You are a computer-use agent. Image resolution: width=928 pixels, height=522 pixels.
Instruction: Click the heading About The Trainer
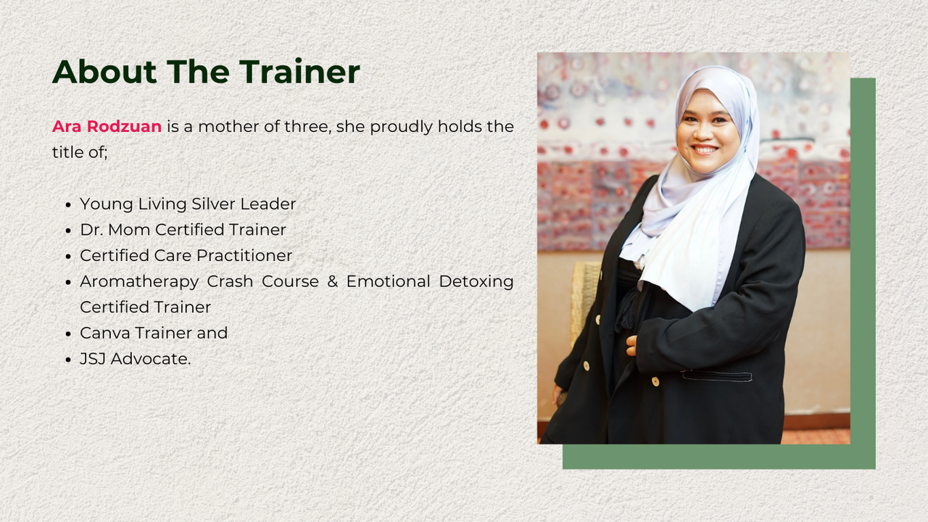tap(206, 71)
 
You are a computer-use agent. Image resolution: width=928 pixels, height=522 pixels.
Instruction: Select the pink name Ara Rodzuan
tap(107, 126)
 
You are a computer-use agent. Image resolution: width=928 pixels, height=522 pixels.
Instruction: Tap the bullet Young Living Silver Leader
tap(188, 204)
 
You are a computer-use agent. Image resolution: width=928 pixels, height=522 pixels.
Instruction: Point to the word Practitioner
tap(244, 255)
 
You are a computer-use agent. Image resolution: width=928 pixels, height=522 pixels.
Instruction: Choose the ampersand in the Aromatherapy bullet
tap(332, 281)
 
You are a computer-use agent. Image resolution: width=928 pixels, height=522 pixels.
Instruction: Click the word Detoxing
tap(476, 282)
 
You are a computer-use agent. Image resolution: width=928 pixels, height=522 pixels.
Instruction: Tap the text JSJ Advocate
tap(136, 359)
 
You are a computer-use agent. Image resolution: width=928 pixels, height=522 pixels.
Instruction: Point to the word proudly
tap(401, 127)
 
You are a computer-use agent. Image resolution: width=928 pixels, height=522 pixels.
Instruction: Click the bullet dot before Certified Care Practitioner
tap(69, 257)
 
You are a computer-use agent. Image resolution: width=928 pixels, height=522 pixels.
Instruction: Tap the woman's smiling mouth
tap(704, 149)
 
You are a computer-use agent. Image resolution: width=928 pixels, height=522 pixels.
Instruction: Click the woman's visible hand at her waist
tap(631, 346)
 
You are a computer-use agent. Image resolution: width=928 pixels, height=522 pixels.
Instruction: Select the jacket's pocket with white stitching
tap(717, 376)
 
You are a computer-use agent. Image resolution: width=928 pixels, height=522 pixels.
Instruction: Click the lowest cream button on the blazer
tap(655, 381)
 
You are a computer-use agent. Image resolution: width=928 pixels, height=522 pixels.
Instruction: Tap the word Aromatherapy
tap(139, 282)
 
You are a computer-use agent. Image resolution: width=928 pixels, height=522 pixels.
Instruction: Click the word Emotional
tap(388, 281)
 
